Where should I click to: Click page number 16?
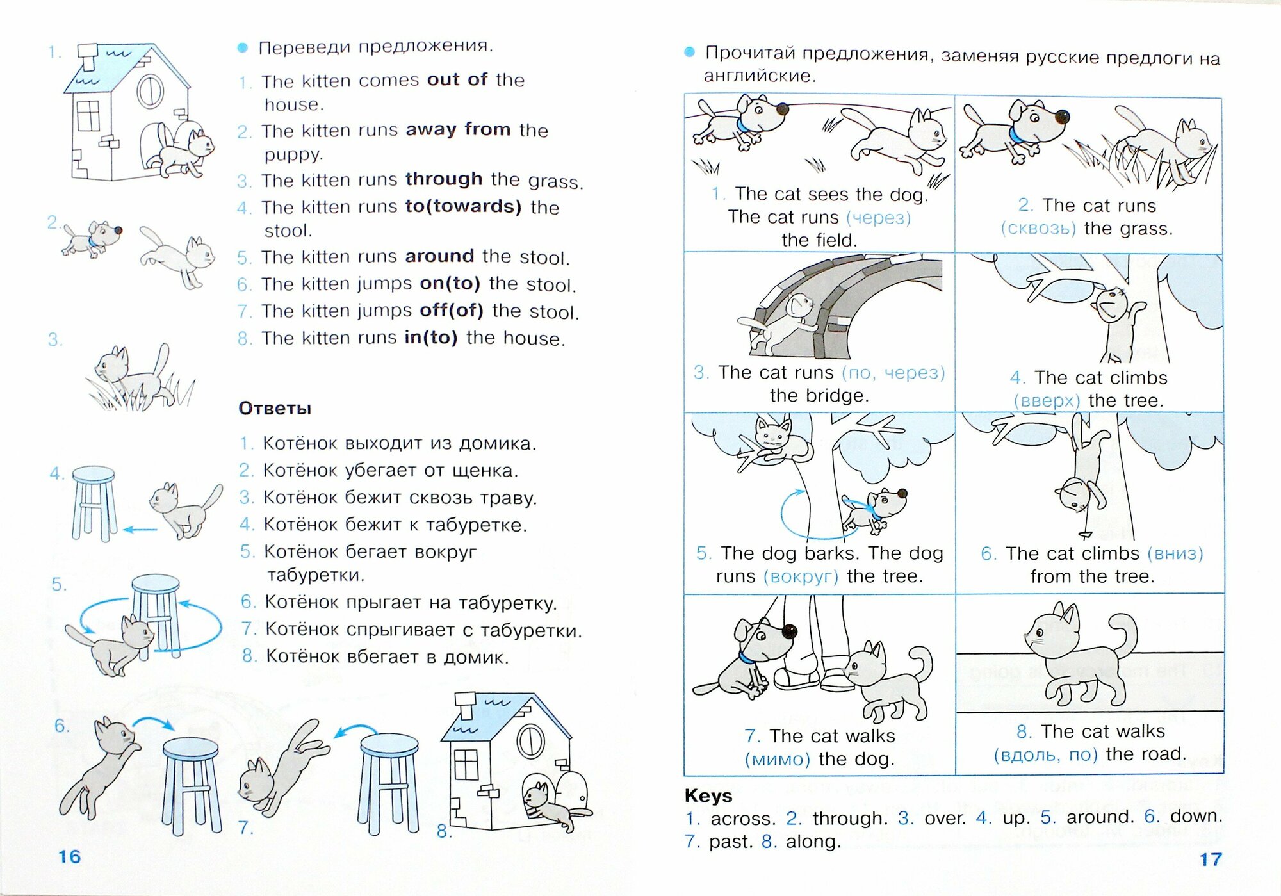click(x=69, y=856)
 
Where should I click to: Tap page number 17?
click(x=1210, y=859)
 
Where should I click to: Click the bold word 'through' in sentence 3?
click(x=443, y=179)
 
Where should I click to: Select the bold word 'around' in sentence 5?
click(x=439, y=256)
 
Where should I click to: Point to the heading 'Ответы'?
click(x=275, y=409)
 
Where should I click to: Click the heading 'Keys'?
click(x=708, y=795)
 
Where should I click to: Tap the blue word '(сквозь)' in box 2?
click(x=1038, y=229)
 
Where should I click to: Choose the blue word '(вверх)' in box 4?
click(x=1047, y=401)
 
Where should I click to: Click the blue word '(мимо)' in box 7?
click(x=777, y=760)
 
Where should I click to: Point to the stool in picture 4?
click(x=94, y=503)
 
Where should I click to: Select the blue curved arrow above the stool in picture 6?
click(x=156, y=722)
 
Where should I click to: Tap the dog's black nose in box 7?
click(x=790, y=631)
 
